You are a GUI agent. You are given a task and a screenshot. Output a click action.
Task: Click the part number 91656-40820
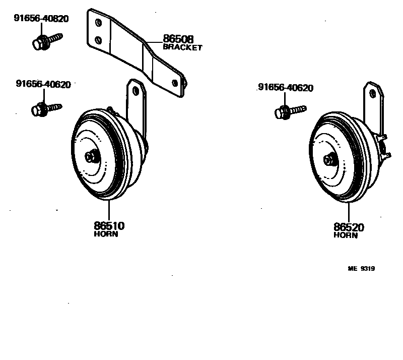coord(41,19)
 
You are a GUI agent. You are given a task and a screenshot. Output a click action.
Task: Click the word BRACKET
coord(182,47)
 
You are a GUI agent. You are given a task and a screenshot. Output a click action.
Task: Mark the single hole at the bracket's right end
coord(175,82)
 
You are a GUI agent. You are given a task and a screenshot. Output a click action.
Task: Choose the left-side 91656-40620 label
coord(43,84)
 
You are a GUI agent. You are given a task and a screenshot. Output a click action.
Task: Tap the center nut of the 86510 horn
coord(92,157)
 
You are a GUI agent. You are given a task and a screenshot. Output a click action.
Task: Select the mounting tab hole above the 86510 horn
coord(136,91)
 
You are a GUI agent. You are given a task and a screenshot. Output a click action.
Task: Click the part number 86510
coord(109,226)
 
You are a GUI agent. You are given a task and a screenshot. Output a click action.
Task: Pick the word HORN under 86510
coord(106,234)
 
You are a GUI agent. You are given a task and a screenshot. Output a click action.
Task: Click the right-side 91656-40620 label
coord(285,88)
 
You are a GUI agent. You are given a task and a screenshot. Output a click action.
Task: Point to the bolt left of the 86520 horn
coord(290,110)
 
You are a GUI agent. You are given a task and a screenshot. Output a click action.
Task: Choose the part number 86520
coord(348,227)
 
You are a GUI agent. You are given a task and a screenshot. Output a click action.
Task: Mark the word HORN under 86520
coord(345,235)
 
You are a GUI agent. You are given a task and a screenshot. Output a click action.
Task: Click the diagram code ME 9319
coord(361,269)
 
